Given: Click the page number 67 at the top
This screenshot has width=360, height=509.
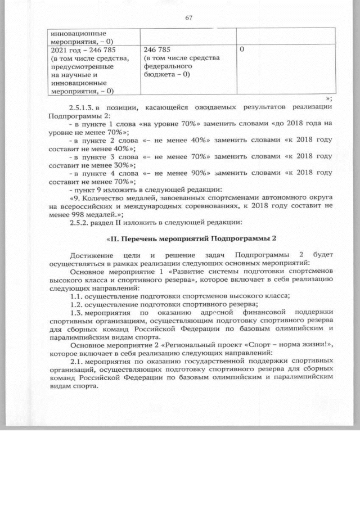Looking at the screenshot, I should (x=189, y=17).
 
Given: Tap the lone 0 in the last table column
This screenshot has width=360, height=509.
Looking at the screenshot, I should (x=242, y=50).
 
